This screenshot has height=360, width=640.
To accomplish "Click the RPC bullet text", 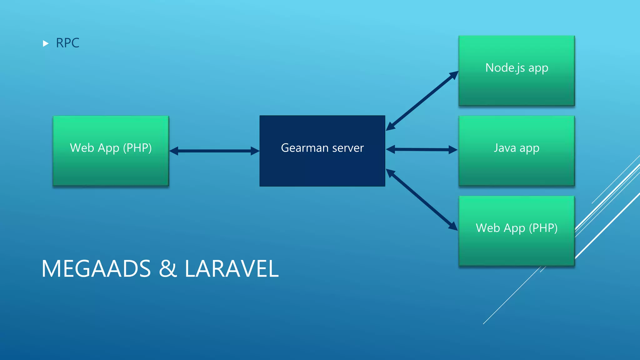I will pyautogui.click(x=67, y=43).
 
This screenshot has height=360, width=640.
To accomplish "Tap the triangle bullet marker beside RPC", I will pyautogui.click(x=46, y=43).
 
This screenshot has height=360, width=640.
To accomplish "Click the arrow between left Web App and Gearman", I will pyautogui.click(x=214, y=151).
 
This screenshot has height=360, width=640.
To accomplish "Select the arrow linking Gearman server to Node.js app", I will pyautogui.click(x=422, y=101).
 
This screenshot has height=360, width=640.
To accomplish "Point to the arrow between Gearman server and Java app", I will pyautogui.click(x=422, y=149).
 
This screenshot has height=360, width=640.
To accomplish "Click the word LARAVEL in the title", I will pyautogui.click(x=231, y=269).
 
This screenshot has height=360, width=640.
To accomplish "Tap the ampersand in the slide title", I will pyautogui.click(x=168, y=269).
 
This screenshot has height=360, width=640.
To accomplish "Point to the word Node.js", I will pyautogui.click(x=505, y=68).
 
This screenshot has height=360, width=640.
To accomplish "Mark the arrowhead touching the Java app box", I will pyautogui.click(x=453, y=150).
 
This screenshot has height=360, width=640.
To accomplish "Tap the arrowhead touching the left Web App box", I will pyautogui.click(x=174, y=151).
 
